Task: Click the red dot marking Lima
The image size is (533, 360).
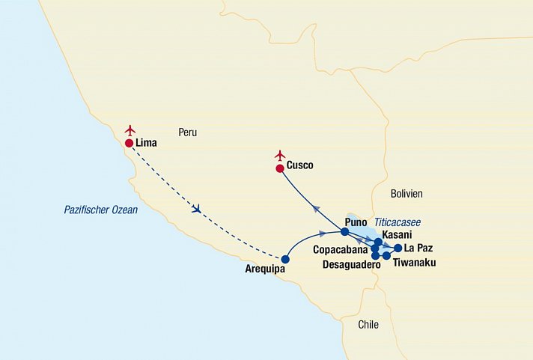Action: click(x=130, y=143)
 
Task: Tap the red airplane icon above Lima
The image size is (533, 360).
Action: click(x=131, y=129)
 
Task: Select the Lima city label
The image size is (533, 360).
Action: click(x=147, y=142)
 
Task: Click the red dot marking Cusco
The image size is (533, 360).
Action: click(x=280, y=168)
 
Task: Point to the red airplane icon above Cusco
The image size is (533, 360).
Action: click(x=281, y=155)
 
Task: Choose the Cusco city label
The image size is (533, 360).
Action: click(x=299, y=165)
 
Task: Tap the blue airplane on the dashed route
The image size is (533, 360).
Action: click(x=196, y=209)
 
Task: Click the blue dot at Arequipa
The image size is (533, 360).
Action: click(x=285, y=260)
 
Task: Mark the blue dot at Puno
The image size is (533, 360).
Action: click(x=345, y=231)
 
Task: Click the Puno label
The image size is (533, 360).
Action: click(x=356, y=222)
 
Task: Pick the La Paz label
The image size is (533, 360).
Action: click(x=418, y=248)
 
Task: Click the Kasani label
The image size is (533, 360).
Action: click(x=397, y=235)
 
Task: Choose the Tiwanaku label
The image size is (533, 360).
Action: click(x=414, y=263)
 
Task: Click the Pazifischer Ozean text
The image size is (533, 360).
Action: click(x=100, y=210)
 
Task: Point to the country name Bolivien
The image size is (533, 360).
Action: click(x=406, y=193)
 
